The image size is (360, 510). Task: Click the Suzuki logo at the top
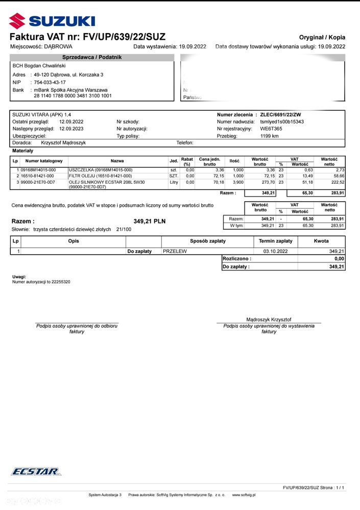pos(52,20)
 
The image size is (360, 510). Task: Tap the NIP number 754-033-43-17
pos(50,82)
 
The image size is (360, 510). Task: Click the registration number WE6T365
pos(271,129)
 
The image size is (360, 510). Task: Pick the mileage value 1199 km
pos(270,136)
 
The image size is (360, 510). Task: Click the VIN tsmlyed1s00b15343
pos(282,122)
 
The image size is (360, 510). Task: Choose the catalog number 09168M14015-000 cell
pos(38,170)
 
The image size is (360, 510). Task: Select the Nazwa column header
pos(117,161)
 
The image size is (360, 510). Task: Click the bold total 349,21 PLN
pos(150,222)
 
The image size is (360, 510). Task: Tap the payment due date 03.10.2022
pos(275,251)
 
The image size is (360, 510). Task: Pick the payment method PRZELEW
pos(175,251)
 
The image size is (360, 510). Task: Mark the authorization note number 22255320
pos(60,282)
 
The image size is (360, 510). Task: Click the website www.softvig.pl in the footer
pos(244,495)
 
